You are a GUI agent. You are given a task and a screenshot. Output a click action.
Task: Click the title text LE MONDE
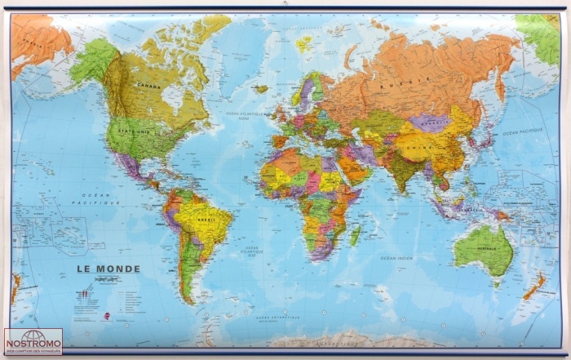(108, 269)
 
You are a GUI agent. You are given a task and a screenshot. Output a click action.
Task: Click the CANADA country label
(148, 84)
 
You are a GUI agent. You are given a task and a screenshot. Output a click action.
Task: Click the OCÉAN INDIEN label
(396, 258)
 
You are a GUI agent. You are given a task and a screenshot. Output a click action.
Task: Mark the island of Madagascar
(356, 235)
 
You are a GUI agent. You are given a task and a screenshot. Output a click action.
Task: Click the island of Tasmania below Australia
(495, 283)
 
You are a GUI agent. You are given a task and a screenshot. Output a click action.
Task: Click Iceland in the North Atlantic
(261, 88)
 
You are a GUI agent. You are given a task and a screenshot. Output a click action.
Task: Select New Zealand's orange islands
(535, 287)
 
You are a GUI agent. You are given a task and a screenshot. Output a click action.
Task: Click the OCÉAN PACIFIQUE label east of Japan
(522, 132)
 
